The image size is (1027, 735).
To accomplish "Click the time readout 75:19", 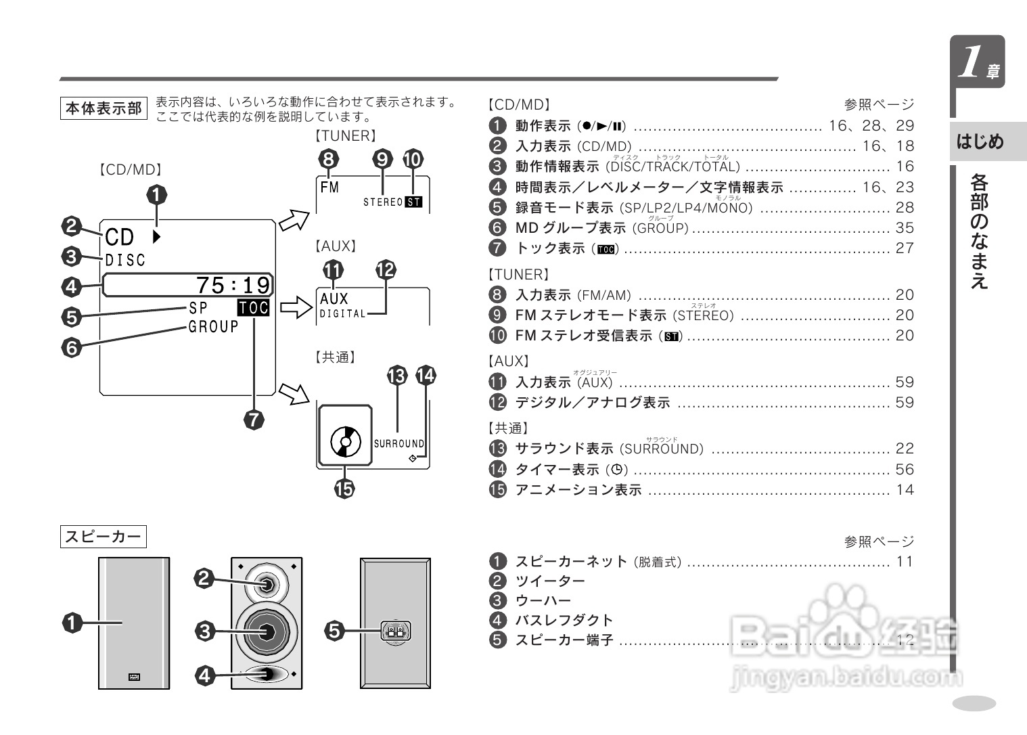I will tap(233, 285).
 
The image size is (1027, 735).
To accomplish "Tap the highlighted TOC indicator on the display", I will tap(254, 308).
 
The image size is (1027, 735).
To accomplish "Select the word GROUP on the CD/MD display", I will tap(213, 327).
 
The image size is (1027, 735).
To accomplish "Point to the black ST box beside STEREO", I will tap(413, 202).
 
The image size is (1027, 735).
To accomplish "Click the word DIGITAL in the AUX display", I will tap(342, 313).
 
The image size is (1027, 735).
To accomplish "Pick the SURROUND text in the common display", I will tap(398, 444).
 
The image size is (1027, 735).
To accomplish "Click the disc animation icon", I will tap(345, 443).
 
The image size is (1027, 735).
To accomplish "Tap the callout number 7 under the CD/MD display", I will tap(254, 420).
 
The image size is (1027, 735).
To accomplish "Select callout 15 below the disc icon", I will tap(344, 488).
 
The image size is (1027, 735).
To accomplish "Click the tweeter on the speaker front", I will tap(267, 583).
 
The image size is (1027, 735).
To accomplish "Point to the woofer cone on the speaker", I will tap(266, 631).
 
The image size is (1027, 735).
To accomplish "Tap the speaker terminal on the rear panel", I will tap(394, 632).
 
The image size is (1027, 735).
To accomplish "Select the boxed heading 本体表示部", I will tap(104, 108).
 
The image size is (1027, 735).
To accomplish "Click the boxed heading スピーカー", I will tap(104, 537).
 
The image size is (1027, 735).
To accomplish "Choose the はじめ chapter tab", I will tap(980, 141).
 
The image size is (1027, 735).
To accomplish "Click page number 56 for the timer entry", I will tap(905, 469).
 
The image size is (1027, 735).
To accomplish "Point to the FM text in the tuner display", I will tap(329, 187).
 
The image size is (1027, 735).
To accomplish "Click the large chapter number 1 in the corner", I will tap(972, 62).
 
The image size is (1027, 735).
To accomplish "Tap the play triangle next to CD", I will tap(157, 237).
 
